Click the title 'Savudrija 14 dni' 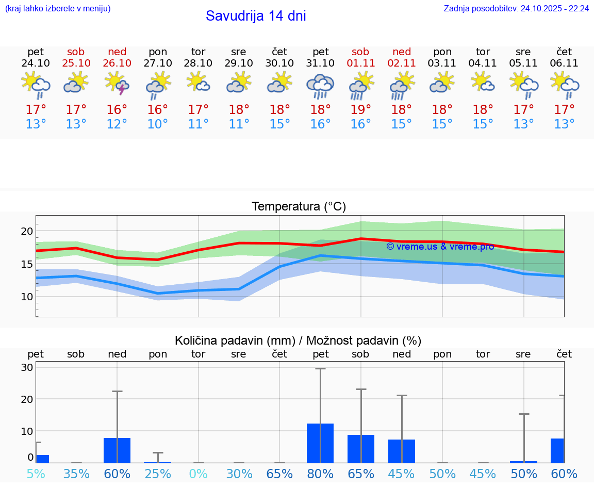pyautogui.click(x=256, y=16)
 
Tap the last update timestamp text pyautogui.click(x=516, y=9)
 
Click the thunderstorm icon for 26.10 pyautogui.click(x=117, y=84)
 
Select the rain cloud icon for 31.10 pyautogui.click(x=320, y=86)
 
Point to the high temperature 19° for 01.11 pyautogui.click(x=360, y=110)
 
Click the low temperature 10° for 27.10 pyautogui.click(x=158, y=124)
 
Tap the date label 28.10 pyautogui.click(x=199, y=63)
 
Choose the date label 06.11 pyautogui.click(x=564, y=63)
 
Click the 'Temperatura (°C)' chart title pyautogui.click(x=299, y=207)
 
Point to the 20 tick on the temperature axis pyautogui.click(x=27, y=231)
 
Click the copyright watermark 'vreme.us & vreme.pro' pyautogui.click(x=440, y=247)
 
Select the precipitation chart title pyautogui.click(x=298, y=340)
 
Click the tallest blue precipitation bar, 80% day pyautogui.click(x=320, y=443)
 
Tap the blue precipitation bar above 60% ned pyautogui.click(x=117, y=450)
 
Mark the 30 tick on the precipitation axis pyautogui.click(x=27, y=367)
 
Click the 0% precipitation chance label pyautogui.click(x=199, y=474)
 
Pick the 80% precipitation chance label pyautogui.click(x=320, y=474)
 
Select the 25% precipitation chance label pyautogui.click(x=158, y=474)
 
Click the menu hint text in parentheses pyautogui.click(x=58, y=9)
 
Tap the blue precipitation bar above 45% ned pyautogui.click(x=402, y=451)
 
